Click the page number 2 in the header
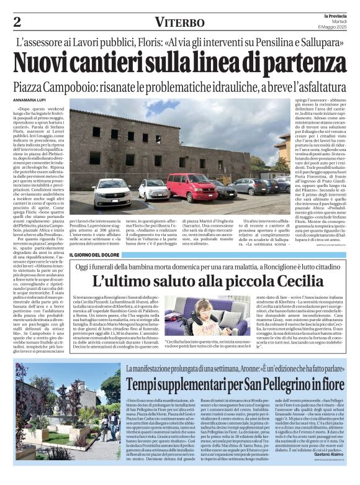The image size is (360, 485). [17, 23]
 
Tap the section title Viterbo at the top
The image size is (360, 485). [179, 23]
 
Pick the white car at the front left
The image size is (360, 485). [112, 192]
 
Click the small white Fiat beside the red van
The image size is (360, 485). [154, 189]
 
